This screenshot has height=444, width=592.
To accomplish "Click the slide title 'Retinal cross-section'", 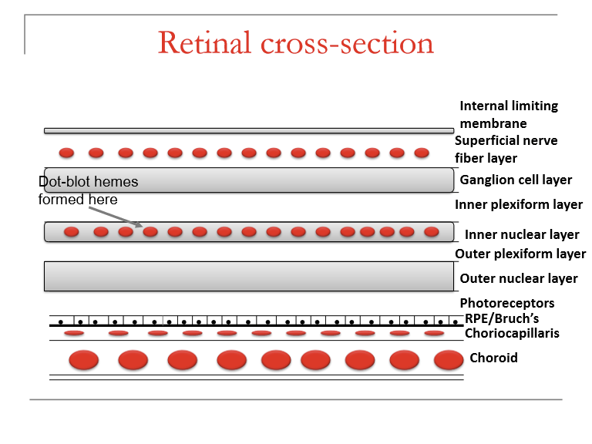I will pyautogui.click(x=296, y=42).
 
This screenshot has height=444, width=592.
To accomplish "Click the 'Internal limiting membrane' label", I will pyautogui.click(x=509, y=114).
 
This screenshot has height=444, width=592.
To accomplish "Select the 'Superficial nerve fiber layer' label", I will pyautogui.click(x=506, y=149).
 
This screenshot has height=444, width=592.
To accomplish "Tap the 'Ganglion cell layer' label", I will pyautogui.click(x=516, y=180).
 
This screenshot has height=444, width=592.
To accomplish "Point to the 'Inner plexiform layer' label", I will pyautogui.click(x=512, y=205).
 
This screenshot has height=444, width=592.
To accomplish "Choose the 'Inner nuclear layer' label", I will pyautogui.click(x=522, y=234).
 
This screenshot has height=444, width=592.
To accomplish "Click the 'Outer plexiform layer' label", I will pyautogui.click(x=520, y=254).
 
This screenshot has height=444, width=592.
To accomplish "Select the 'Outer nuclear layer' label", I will pyautogui.click(x=518, y=278).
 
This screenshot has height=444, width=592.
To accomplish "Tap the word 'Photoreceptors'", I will pyautogui.click(x=506, y=303).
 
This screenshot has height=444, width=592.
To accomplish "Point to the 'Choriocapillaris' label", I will pyautogui.click(x=512, y=333).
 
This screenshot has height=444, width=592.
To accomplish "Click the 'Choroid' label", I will pyautogui.click(x=493, y=358).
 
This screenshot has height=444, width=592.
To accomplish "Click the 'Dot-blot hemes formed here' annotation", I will pyautogui.click(x=88, y=190).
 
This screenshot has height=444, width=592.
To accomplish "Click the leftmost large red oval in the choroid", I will pyautogui.click(x=84, y=360).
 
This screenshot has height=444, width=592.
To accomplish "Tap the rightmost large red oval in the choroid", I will pyautogui.click(x=449, y=360).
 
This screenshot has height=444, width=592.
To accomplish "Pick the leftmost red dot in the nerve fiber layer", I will pyautogui.click(x=67, y=153).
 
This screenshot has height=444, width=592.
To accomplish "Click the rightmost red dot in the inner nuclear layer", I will pyautogui.click(x=431, y=231).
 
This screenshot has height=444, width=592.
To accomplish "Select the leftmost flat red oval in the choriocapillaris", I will pyautogui.click(x=74, y=333).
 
